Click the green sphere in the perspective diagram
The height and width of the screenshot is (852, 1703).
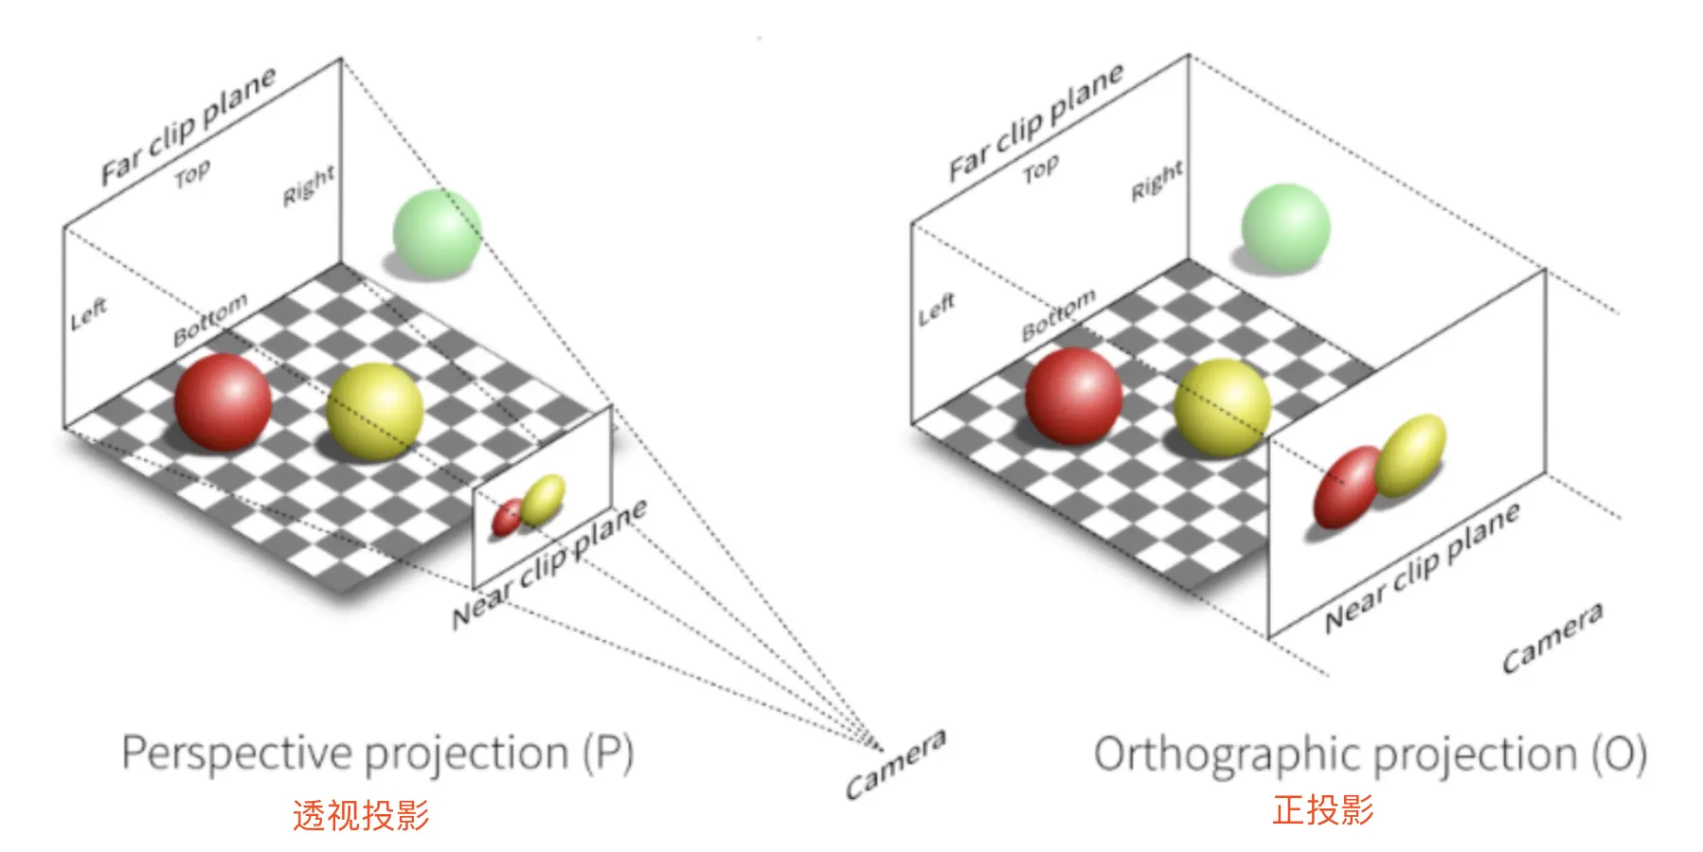pos(437,233)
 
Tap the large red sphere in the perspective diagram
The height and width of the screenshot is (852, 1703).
pos(223,401)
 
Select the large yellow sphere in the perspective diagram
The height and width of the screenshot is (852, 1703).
pos(374,411)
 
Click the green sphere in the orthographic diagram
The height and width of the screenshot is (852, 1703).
pos(1285,228)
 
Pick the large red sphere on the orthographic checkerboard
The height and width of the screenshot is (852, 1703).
pos(1073,396)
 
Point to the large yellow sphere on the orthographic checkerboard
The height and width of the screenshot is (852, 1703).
pos(1222,407)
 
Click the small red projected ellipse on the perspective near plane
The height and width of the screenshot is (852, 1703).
pos(507,517)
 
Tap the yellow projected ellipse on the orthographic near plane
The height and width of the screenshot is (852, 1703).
pos(1410,455)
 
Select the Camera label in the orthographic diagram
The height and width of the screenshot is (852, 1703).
pos(1552,637)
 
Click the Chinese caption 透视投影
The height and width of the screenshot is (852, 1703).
pos(361,815)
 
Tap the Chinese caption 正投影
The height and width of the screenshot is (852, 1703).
pos(1322,810)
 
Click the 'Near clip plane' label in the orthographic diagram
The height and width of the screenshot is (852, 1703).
pos(1422,567)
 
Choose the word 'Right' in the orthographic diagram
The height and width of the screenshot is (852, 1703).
pos(1156,181)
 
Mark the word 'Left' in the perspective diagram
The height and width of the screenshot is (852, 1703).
pos(89,313)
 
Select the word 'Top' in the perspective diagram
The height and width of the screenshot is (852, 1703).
pos(192,174)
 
